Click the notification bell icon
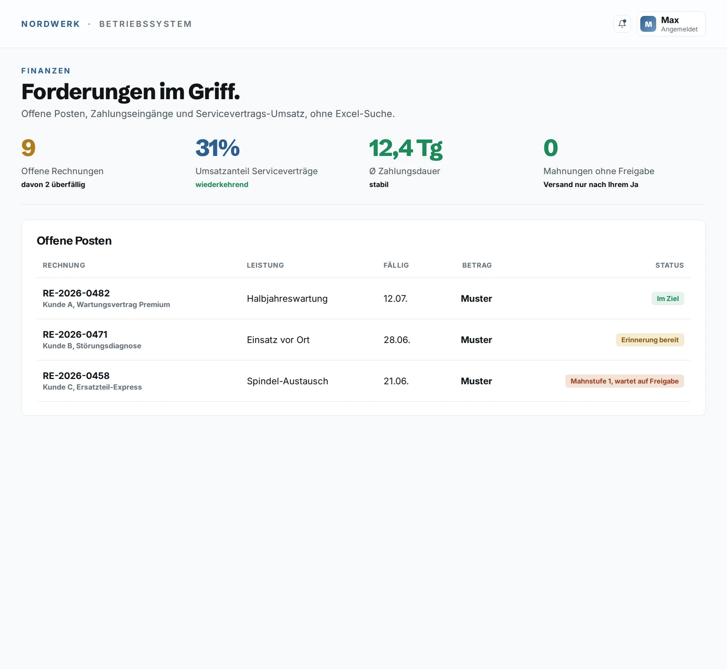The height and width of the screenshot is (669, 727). coord(622,24)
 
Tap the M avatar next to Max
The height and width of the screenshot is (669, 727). coord(648,24)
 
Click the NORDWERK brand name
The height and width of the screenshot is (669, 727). coord(51,24)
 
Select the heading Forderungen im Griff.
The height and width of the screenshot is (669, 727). coord(131,92)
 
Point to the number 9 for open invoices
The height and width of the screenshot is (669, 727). coord(28,148)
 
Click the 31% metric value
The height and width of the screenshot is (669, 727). coord(218,148)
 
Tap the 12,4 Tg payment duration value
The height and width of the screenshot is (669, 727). coord(406,148)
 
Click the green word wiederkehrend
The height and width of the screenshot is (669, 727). coord(222,184)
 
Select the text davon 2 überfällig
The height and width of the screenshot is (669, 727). coord(53,184)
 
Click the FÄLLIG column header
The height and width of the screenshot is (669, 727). coord(396,265)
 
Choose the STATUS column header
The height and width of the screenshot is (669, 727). coord(669,265)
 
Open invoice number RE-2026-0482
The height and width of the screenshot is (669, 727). coord(76,293)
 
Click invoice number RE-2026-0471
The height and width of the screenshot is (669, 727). coord(75,334)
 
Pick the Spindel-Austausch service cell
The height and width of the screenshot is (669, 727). coord(287,381)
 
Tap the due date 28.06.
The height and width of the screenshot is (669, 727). coord(397,340)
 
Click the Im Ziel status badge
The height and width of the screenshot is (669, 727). coord(668,298)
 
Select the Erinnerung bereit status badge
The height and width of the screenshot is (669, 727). coord(650,340)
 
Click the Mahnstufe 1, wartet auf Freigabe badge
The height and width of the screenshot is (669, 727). coord(624,381)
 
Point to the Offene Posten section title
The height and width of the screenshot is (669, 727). coord(74,240)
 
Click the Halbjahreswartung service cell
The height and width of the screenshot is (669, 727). coord(287,298)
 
